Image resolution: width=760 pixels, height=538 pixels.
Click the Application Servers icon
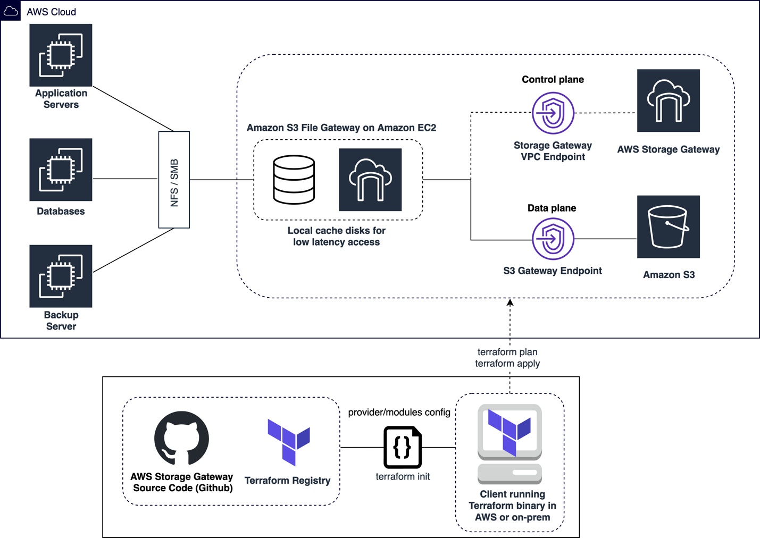pyautogui.click(x=61, y=55)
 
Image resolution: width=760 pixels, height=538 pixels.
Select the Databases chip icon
pyautogui.click(x=61, y=170)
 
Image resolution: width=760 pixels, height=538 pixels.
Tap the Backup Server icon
pyautogui.click(x=61, y=276)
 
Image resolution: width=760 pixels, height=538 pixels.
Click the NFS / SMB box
pyautogui.click(x=174, y=180)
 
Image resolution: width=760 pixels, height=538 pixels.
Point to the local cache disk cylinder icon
pyautogui.click(x=294, y=180)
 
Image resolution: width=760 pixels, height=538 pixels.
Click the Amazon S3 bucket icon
pyautogui.click(x=669, y=227)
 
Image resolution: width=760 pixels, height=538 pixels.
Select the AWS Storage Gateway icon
pyautogui.click(x=669, y=100)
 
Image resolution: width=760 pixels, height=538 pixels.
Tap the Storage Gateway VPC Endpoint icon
pyautogui.click(x=553, y=113)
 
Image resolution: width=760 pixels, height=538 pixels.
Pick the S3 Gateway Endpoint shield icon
pyautogui.click(x=553, y=239)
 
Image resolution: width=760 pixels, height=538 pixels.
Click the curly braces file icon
pyautogui.click(x=403, y=447)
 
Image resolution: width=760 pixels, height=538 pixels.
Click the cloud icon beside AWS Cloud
pyautogui.click(x=11, y=11)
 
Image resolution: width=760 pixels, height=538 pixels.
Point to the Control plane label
pyautogui.click(x=553, y=80)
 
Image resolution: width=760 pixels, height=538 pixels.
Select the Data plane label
pyautogui.click(x=552, y=208)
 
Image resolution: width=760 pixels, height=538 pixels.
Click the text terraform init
pyautogui.click(x=403, y=476)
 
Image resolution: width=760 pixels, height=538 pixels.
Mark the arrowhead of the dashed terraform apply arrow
pyautogui.click(x=510, y=302)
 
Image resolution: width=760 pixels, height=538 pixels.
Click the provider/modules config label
pyautogui.click(x=399, y=412)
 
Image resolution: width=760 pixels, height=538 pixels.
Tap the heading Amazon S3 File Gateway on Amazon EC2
pyautogui.click(x=341, y=128)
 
